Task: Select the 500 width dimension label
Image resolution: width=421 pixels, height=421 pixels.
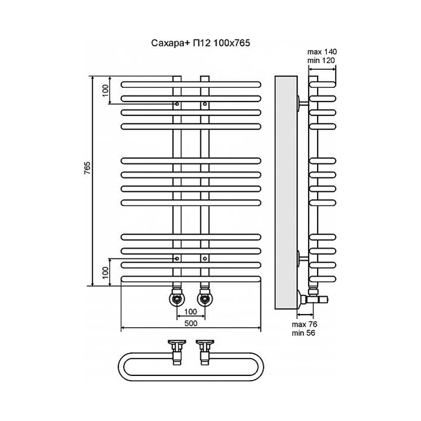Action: pyautogui.click(x=192, y=324)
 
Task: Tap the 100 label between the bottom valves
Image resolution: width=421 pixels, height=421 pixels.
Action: pyautogui.click(x=191, y=311)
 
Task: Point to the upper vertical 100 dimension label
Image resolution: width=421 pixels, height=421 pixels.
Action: pyautogui.click(x=105, y=90)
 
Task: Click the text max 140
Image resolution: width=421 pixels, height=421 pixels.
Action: pyautogui.click(x=321, y=52)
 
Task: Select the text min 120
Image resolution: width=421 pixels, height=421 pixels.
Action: pyautogui.click(x=321, y=60)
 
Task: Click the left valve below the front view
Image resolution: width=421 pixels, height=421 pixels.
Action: pyautogui.click(x=177, y=298)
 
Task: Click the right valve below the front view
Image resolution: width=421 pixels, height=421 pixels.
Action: pyautogui.click(x=206, y=298)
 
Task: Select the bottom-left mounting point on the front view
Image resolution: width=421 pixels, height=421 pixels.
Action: pyautogui.click(x=177, y=257)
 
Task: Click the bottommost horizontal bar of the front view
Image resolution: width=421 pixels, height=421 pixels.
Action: pyautogui.click(x=192, y=278)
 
